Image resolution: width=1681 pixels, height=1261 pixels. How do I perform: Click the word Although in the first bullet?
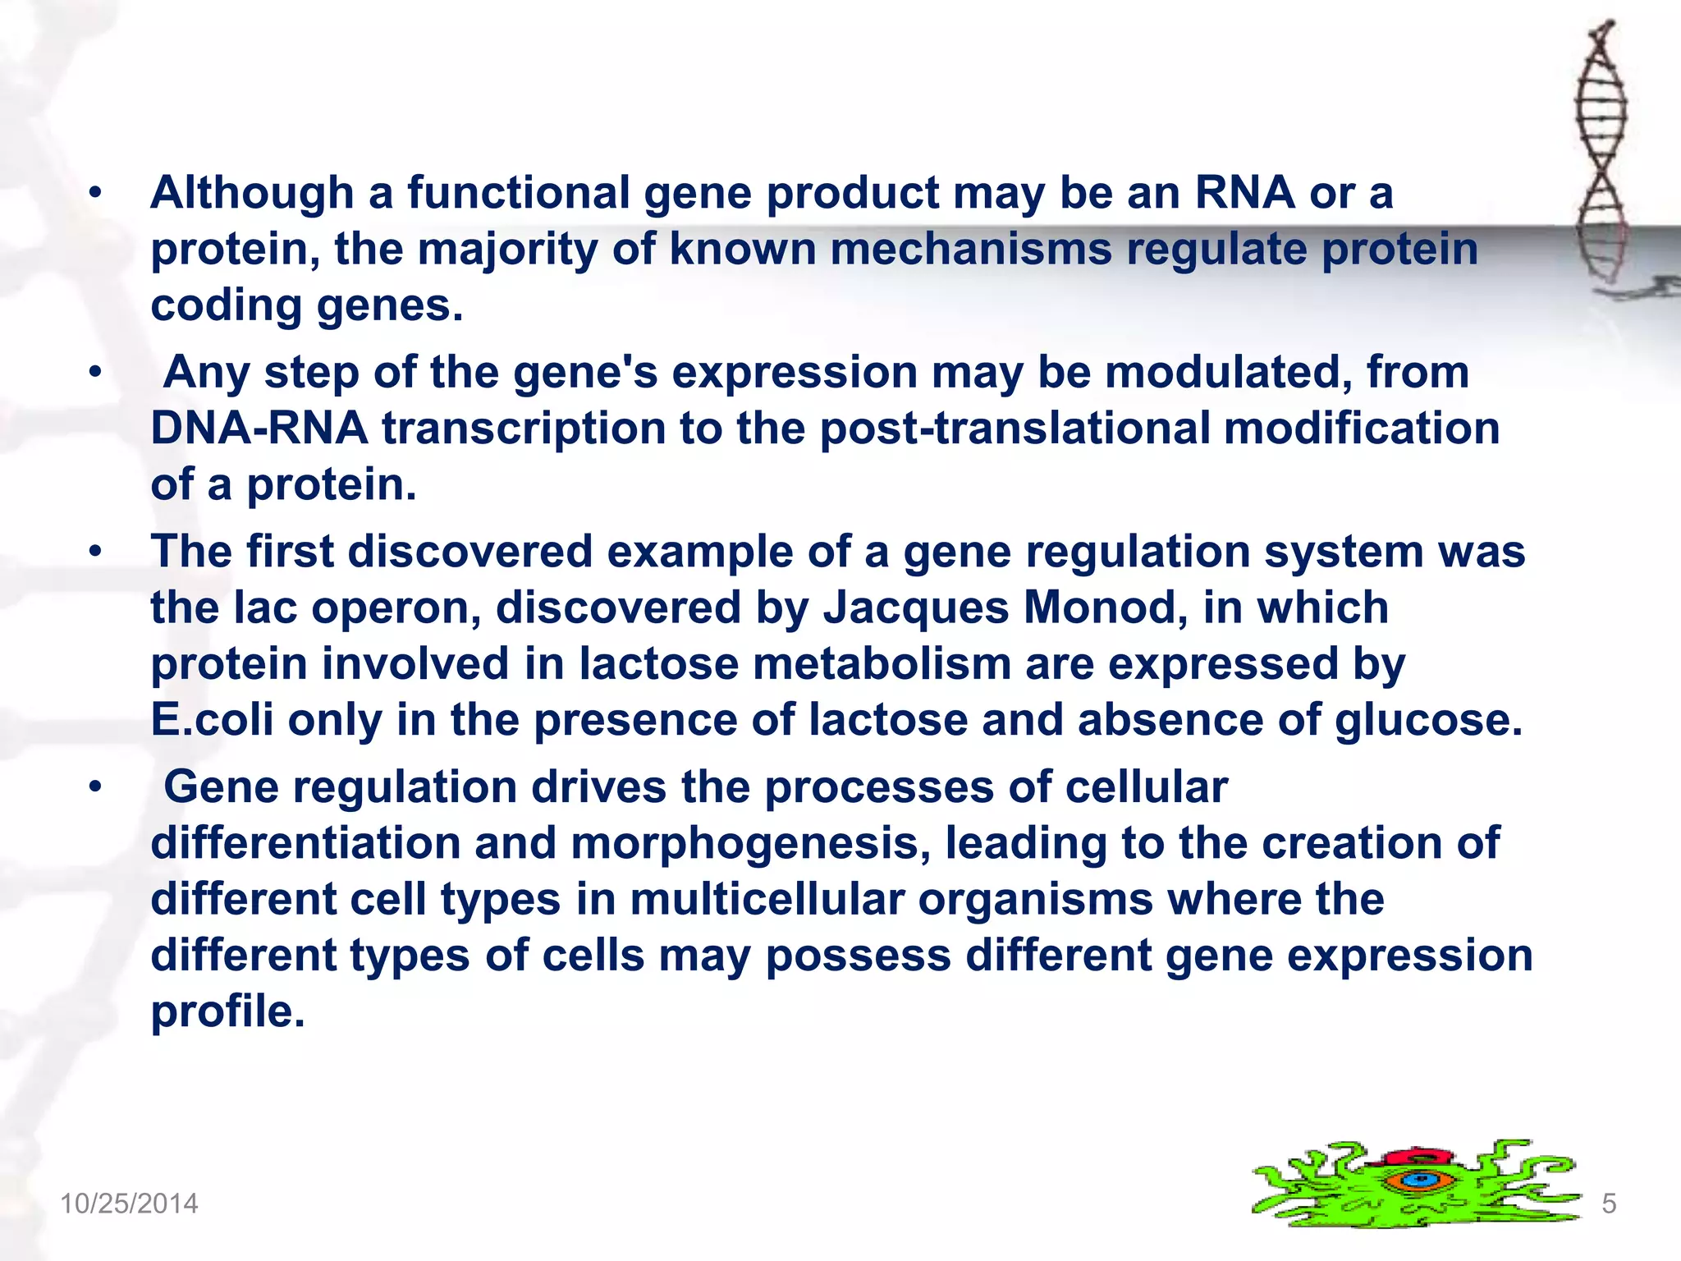[x=252, y=194]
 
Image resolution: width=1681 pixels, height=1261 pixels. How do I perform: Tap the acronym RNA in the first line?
[x=1244, y=194]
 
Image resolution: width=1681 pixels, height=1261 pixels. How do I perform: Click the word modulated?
[x=1227, y=373]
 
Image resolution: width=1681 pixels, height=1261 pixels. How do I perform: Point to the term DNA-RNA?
[x=259, y=429]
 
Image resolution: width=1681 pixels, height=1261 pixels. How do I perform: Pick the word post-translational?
[x=1015, y=429]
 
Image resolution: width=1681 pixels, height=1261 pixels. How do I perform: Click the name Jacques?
[x=915, y=608]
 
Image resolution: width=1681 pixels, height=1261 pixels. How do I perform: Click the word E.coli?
[x=212, y=720]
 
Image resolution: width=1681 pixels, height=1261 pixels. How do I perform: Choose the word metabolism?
[x=882, y=664]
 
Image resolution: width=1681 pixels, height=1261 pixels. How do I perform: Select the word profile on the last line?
[x=227, y=1011]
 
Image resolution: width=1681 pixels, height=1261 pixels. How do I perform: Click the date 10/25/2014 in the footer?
[x=129, y=1204]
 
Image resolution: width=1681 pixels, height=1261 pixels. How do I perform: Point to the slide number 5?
[x=1609, y=1204]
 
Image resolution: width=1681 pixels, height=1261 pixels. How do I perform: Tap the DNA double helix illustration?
[x=1601, y=156]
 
